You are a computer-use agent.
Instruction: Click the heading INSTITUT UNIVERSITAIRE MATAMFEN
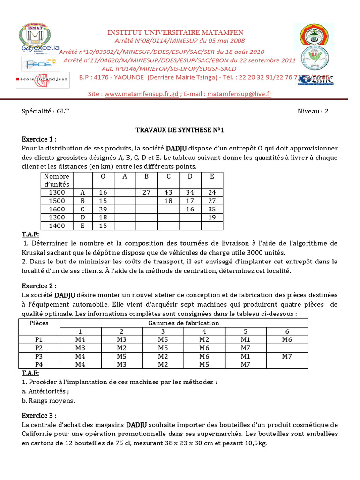[x=176, y=32]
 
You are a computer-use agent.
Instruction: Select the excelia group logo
[x=41, y=48]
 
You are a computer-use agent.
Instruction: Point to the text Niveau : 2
[x=313, y=111]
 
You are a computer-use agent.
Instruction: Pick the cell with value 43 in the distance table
[x=168, y=192]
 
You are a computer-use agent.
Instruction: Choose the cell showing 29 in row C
[x=103, y=209]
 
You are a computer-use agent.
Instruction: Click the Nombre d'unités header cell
[x=56, y=180]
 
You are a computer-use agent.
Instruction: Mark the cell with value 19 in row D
[x=211, y=217]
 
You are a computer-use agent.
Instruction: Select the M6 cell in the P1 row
[x=287, y=339]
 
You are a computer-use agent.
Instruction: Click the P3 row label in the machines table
[x=39, y=356]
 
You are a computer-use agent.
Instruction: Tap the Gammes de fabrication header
[x=183, y=323]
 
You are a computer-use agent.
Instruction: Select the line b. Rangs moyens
[x=48, y=401]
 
